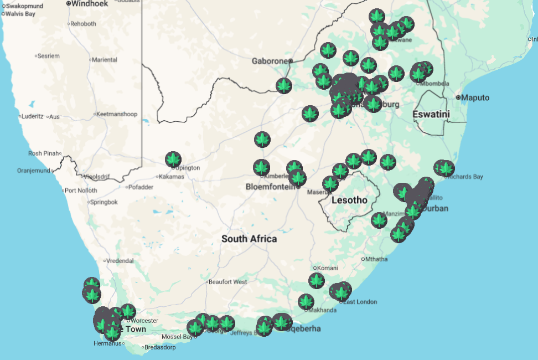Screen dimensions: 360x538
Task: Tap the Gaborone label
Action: [270, 61]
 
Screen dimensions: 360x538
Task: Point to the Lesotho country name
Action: [349, 200]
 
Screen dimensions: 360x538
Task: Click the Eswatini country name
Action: [431, 115]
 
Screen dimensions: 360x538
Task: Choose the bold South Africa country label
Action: [249, 239]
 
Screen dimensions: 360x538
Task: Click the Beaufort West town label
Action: [227, 282]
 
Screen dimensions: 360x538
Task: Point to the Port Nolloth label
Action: [81, 191]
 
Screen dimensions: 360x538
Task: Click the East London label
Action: [360, 302]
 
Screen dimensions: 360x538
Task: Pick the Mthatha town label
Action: [376, 259]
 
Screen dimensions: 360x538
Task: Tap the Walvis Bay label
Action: [20, 14]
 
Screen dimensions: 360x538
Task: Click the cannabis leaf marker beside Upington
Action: [173, 160]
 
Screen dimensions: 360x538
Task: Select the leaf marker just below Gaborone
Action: [284, 85]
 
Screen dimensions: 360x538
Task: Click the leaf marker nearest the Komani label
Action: [317, 280]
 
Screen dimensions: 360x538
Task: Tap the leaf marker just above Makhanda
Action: [306, 302]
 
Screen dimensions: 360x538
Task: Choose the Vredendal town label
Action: [120, 260]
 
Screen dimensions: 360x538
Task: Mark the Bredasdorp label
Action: [161, 348]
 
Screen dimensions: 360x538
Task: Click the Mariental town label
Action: [105, 60]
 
